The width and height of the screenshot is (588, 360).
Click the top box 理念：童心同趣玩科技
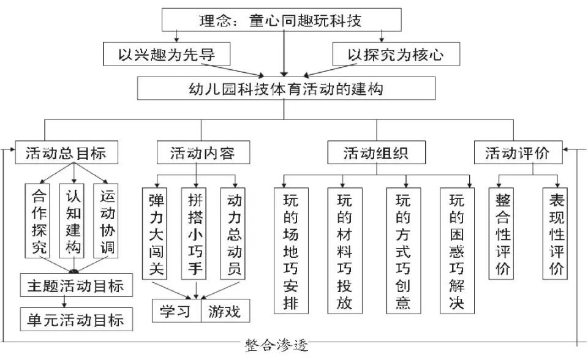(281, 20)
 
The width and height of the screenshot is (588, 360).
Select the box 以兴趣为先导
(166, 54)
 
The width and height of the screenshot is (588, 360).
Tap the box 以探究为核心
(396, 54)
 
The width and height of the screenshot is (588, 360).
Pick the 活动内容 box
(202, 153)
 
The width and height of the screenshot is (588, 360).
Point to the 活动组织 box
(376, 153)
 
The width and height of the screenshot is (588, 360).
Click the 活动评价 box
(518, 153)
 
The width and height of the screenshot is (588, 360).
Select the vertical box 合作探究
(39, 220)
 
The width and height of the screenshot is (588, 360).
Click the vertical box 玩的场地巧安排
(290, 250)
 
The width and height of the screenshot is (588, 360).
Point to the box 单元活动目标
(76, 320)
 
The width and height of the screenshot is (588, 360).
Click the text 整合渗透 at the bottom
(276, 345)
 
